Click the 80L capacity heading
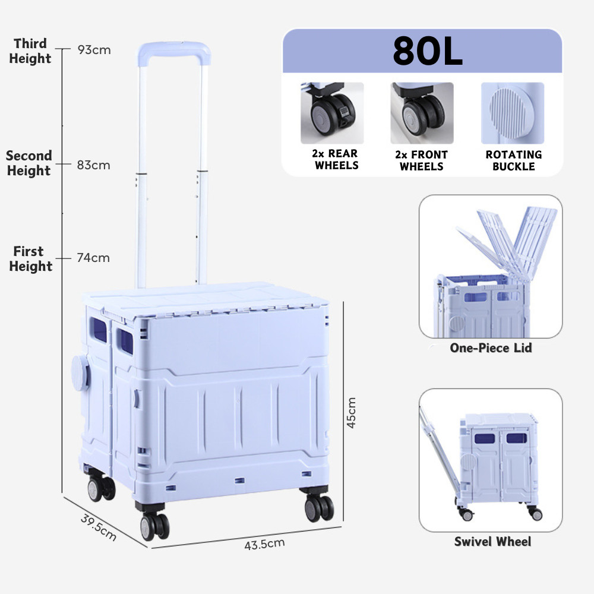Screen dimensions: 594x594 (427, 52)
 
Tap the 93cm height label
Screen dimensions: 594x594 (94, 50)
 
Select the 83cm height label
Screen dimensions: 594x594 (93, 165)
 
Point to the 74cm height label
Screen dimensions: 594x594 (93, 258)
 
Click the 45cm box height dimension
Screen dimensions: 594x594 (351, 412)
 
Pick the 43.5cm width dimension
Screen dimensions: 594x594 (264, 543)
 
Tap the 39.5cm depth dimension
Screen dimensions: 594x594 (98, 527)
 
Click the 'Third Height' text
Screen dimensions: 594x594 (30, 51)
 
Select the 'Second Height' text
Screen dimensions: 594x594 (29, 163)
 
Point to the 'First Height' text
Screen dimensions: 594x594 (30, 259)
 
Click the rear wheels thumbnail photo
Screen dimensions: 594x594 (332, 113)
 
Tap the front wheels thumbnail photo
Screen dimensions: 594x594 (422, 113)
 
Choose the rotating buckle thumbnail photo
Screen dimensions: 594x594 (512, 113)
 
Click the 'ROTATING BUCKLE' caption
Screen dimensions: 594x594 (513, 160)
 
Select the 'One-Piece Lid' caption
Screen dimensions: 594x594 (491, 347)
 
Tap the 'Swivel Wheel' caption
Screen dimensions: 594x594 (492, 541)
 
